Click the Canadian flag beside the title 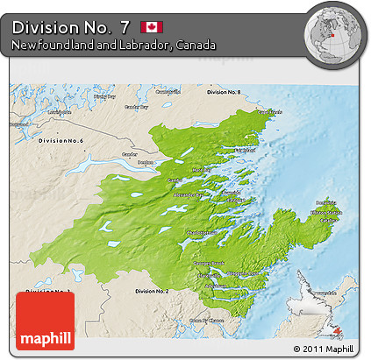(151, 26)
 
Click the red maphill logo (45, 321)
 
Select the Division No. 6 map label (60, 141)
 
